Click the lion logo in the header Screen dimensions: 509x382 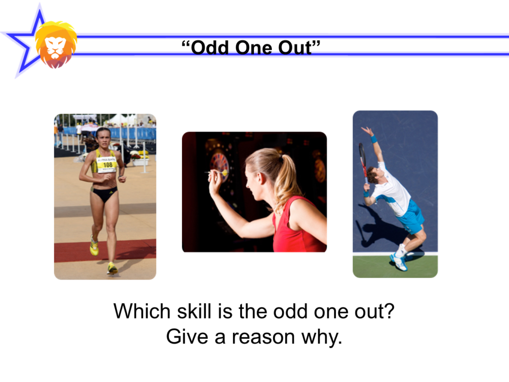click(56, 44)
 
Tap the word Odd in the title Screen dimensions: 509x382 click(210, 48)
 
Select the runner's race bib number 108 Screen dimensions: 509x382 click(108, 165)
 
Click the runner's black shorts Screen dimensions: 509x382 click(104, 193)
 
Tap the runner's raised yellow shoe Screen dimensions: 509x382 click(94, 246)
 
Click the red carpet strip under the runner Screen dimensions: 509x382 click(105, 251)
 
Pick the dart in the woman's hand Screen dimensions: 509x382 click(215, 173)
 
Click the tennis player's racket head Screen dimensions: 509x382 click(362, 156)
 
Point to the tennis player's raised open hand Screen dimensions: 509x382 click(367, 131)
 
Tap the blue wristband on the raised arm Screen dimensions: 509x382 click(374, 139)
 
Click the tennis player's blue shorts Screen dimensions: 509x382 click(410, 216)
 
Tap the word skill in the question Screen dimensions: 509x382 click(194, 311)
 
